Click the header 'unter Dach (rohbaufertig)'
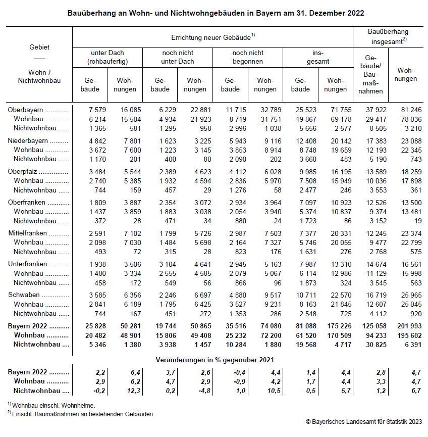tap(107, 57)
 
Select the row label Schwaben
tap(22, 294)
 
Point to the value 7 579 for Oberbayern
tap(94, 110)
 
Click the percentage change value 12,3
tap(129, 391)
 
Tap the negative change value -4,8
tap(199, 391)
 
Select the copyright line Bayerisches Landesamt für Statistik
tap(363, 421)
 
